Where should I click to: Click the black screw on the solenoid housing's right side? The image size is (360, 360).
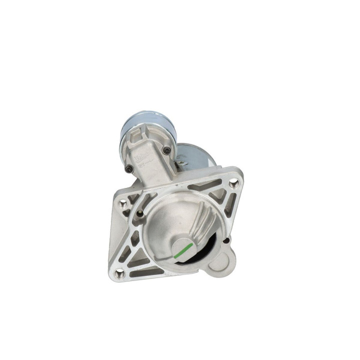tap(166, 150)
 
